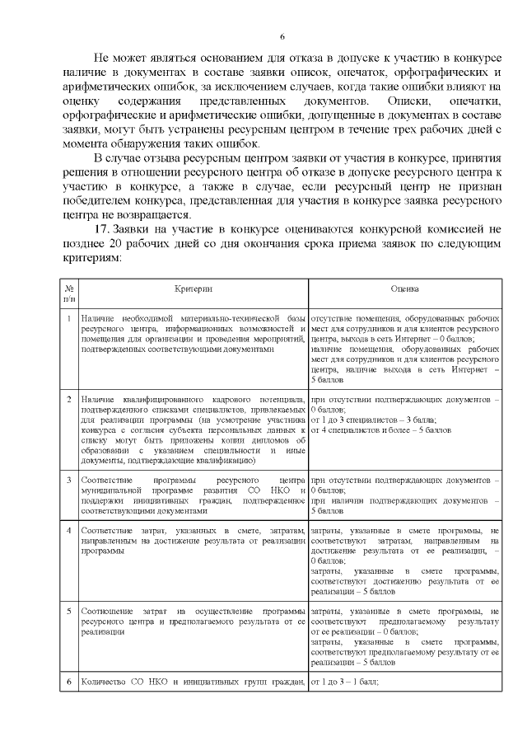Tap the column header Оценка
pos(404,289)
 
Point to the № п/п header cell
pos(69,294)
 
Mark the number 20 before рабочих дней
pos(115,243)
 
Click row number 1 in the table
pos(69,318)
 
